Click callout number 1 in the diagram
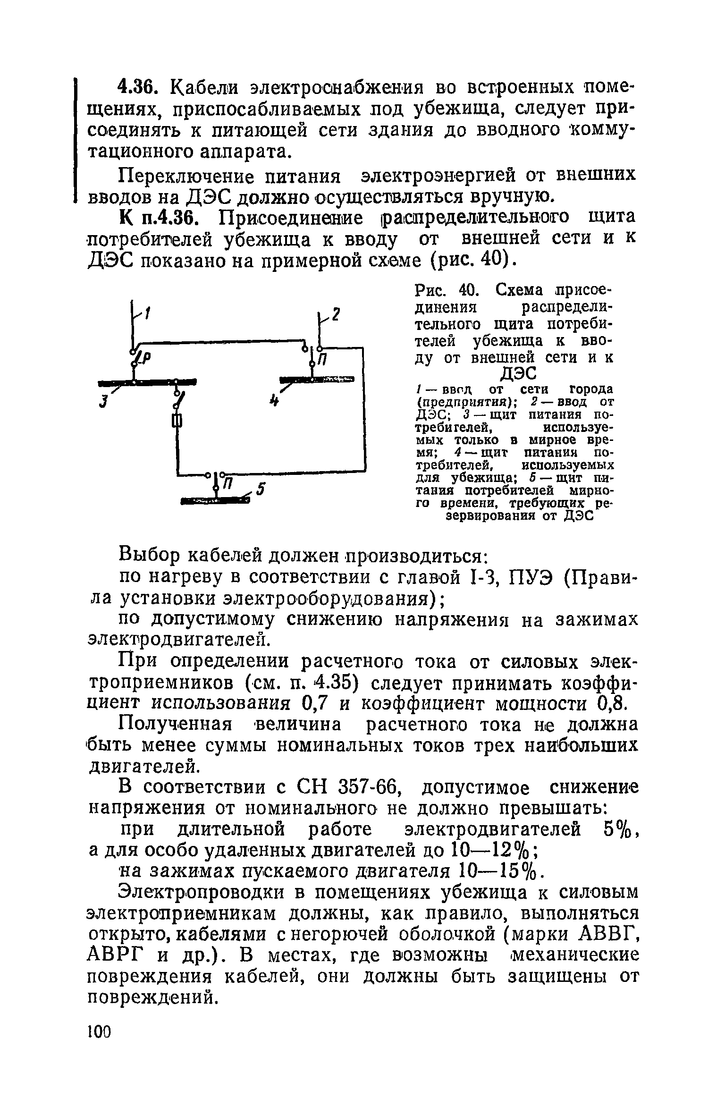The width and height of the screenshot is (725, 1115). (147, 313)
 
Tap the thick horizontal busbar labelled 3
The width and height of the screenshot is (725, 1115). (147, 382)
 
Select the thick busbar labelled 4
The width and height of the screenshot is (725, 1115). (316, 379)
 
